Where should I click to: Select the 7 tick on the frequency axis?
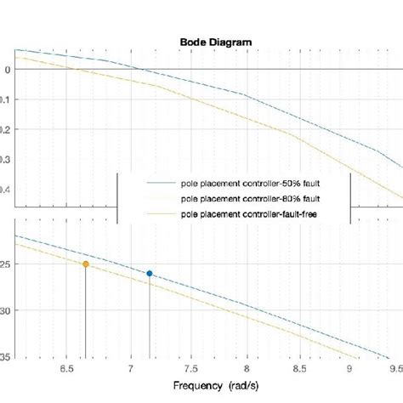[x=130, y=370]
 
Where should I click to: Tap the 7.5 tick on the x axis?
[x=187, y=370]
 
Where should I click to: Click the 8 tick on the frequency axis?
[x=247, y=370]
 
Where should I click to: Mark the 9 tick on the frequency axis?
[x=349, y=370]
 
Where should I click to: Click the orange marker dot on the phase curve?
[x=86, y=264]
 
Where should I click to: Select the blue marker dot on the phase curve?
[x=150, y=273]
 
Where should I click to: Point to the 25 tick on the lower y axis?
[x=8, y=264]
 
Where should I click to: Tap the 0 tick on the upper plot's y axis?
[x=7, y=70]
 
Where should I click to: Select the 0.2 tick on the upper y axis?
[x=7, y=130]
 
